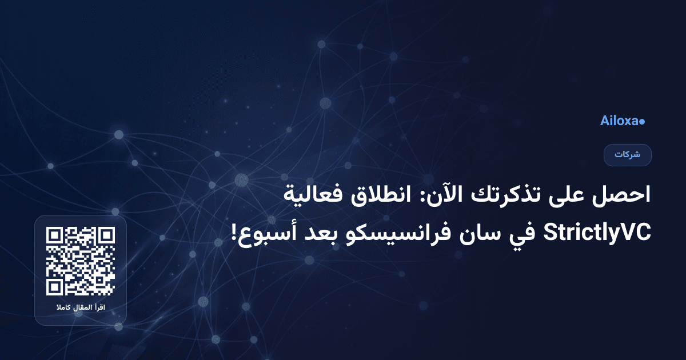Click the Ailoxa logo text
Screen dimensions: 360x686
click(619, 121)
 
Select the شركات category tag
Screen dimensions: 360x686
click(627, 155)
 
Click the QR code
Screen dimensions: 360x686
click(81, 261)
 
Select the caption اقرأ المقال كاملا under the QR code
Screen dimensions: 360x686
click(81, 309)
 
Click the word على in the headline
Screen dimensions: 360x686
click(563, 197)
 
